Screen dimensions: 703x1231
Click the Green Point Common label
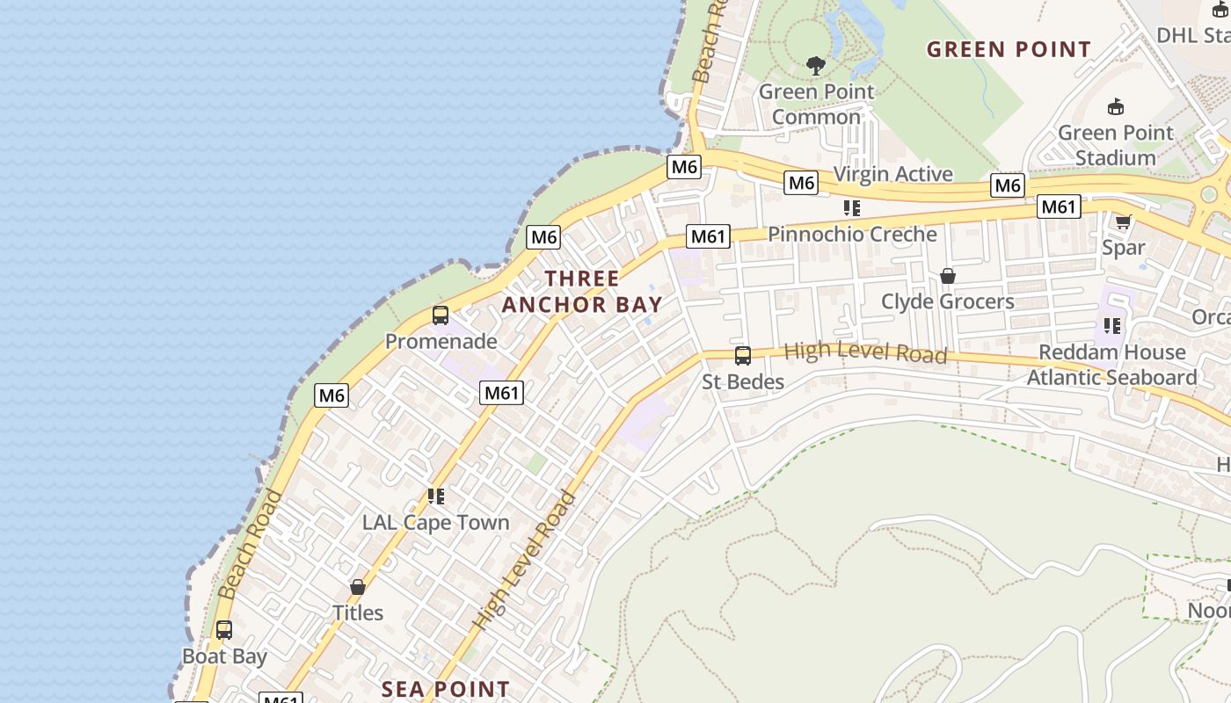pos(817,104)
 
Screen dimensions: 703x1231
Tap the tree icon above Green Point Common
pos(816,65)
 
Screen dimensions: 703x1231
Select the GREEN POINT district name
pos(1009,49)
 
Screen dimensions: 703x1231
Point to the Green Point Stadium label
pos(1115,145)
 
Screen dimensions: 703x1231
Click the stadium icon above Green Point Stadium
pos(1115,107)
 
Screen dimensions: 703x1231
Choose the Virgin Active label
pos(892,174)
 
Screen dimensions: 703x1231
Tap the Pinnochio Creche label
pos(852,235)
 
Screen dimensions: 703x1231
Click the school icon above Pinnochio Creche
pos(851,208)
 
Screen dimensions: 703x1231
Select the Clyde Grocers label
pos(947,301)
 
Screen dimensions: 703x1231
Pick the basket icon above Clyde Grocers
pos(947,276)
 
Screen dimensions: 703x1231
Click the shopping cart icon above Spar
pos(1123,221)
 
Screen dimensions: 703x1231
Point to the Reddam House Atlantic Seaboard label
pos(1111,365)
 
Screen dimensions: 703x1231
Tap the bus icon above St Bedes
pos(743,356)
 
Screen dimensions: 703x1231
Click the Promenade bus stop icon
pos(441,315)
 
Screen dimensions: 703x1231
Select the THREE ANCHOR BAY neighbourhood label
pos(581,292)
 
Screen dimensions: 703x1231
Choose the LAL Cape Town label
pos(435,522)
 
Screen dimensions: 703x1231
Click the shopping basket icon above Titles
pos(357,587)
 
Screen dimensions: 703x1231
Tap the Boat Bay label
pos(224,656)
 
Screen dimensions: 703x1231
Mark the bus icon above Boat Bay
pos(224,630)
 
